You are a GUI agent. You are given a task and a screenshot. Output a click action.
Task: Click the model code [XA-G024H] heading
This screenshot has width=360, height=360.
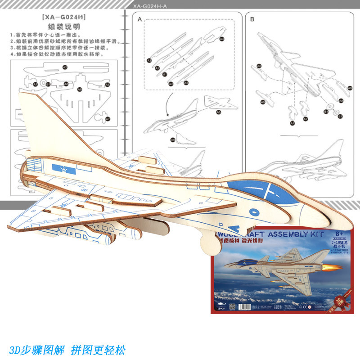63,18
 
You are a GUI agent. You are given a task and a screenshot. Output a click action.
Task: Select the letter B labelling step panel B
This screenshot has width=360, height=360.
252,19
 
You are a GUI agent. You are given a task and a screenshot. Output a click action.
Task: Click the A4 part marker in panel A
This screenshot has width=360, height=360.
222,39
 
